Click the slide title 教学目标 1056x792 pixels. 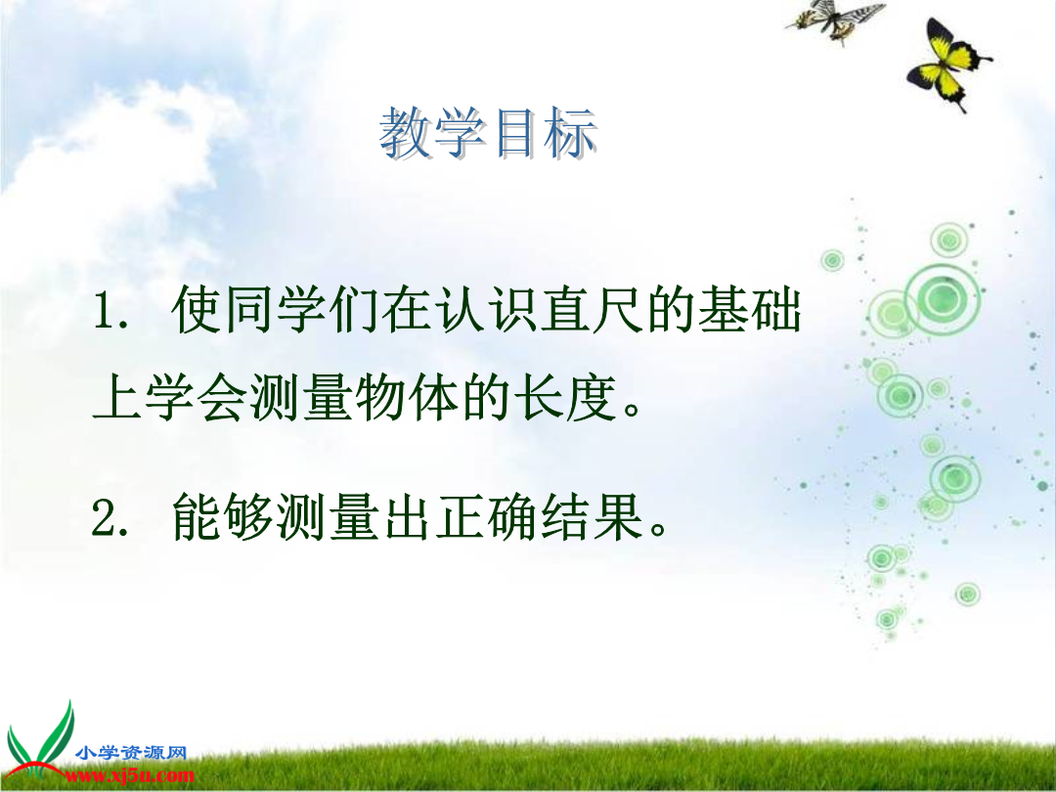[x=488, y=133]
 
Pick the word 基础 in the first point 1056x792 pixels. [x=750, y=310]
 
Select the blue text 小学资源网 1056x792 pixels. [x=131, y=752]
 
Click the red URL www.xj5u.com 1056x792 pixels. [x=129, y=775]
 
